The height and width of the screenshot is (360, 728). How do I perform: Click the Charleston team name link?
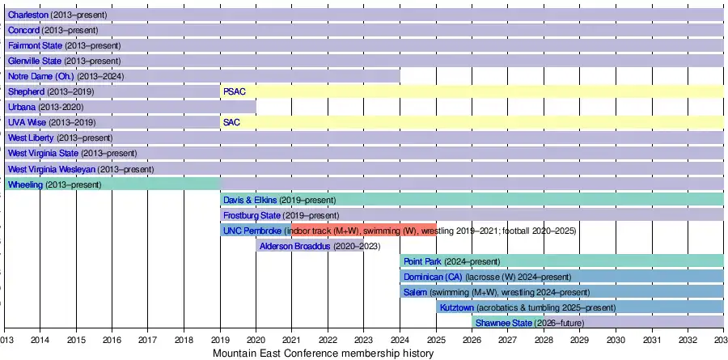point(28,15)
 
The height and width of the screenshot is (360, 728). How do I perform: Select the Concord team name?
point(23,30)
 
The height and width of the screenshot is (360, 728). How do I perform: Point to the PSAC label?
point(234,91)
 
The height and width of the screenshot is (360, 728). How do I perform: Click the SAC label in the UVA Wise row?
point(231,122)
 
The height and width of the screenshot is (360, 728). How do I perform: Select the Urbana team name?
point(22,107)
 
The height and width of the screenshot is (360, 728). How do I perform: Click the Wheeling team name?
point(25,184)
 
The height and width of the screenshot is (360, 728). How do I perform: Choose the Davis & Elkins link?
point(249,200)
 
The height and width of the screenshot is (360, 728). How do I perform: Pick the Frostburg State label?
point(250,215)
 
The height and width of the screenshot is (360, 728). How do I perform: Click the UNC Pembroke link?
point(252,231)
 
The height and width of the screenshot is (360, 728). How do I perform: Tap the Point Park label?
point(422,261)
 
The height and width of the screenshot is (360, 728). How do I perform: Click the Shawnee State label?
point(503,323)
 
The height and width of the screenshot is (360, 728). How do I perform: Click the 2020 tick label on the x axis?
point(256,341)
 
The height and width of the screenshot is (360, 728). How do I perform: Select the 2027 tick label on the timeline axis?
point(508,341)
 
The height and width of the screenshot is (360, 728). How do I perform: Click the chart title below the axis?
point(324,354)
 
